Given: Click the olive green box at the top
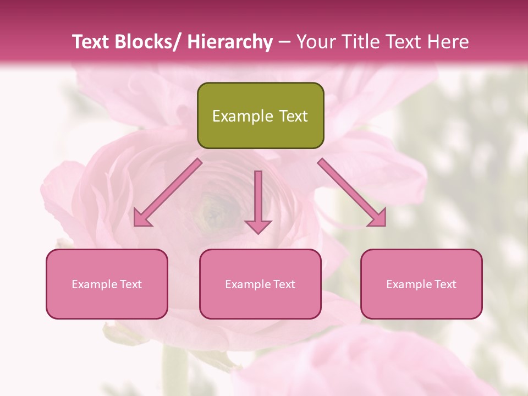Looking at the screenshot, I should coord(260,116).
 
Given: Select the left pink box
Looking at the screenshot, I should coord(107,284).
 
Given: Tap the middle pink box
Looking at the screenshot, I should coord(260,284).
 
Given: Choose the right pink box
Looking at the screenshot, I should coord(421,284).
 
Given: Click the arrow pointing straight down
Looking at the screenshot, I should coord(258,201).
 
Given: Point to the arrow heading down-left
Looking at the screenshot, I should coord(167,193).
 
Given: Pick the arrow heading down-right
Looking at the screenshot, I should coord(352,193).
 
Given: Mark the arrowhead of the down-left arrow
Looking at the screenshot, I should coord(142,218).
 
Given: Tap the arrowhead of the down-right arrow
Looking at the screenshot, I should coord(378,218).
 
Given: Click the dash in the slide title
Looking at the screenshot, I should coord(284,42).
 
